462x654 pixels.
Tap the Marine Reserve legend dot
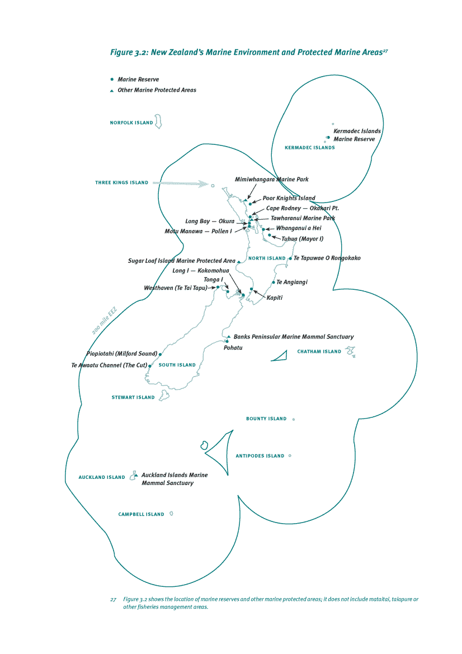[112, 79]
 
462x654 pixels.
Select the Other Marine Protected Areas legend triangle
[112, 90]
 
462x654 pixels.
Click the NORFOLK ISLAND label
[131, 123]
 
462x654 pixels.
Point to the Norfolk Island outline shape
[158, 122]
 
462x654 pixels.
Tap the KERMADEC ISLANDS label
[310, 148]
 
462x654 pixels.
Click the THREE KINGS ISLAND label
[122, 182]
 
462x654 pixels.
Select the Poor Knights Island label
[289, 198]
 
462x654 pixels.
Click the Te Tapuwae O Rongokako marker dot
[290, 258]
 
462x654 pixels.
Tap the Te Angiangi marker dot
[274, 283]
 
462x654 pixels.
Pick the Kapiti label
[274, 298]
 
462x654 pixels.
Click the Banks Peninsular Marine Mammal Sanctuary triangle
[229, 337]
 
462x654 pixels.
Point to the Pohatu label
[233, 348]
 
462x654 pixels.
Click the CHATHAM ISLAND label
[319, 352]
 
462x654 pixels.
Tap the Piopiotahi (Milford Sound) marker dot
[161, 354]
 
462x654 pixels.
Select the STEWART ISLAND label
[133, 398]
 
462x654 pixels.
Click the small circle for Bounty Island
[294, 419]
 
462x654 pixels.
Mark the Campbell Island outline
[171, 514]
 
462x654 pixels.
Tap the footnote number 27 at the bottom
[113, 599]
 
